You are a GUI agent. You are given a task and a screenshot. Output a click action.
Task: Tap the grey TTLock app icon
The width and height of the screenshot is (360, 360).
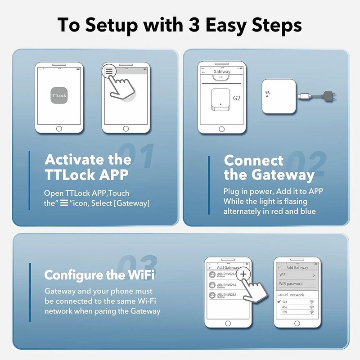point(59,96)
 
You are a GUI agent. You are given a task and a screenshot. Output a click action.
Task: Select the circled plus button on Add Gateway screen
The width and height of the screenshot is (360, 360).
point(243,274)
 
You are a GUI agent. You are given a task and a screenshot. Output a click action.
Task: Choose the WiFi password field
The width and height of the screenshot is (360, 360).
point(291,283)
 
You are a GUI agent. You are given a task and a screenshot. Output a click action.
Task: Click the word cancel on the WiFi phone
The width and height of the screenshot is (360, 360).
point(282,295)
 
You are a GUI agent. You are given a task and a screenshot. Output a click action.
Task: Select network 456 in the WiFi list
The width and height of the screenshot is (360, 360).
point(284,307)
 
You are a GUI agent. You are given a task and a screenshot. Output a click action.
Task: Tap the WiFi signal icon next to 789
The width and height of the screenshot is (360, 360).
point(311,312)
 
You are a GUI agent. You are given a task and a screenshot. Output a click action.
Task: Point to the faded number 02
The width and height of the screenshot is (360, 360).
point(306,164)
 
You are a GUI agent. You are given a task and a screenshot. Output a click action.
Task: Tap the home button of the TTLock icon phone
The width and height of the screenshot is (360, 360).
point(59,129)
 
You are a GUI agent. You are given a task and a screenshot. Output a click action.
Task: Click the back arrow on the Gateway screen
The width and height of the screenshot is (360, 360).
point(203,72)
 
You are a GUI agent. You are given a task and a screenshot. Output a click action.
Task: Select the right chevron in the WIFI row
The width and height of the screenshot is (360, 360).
point(314,274)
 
